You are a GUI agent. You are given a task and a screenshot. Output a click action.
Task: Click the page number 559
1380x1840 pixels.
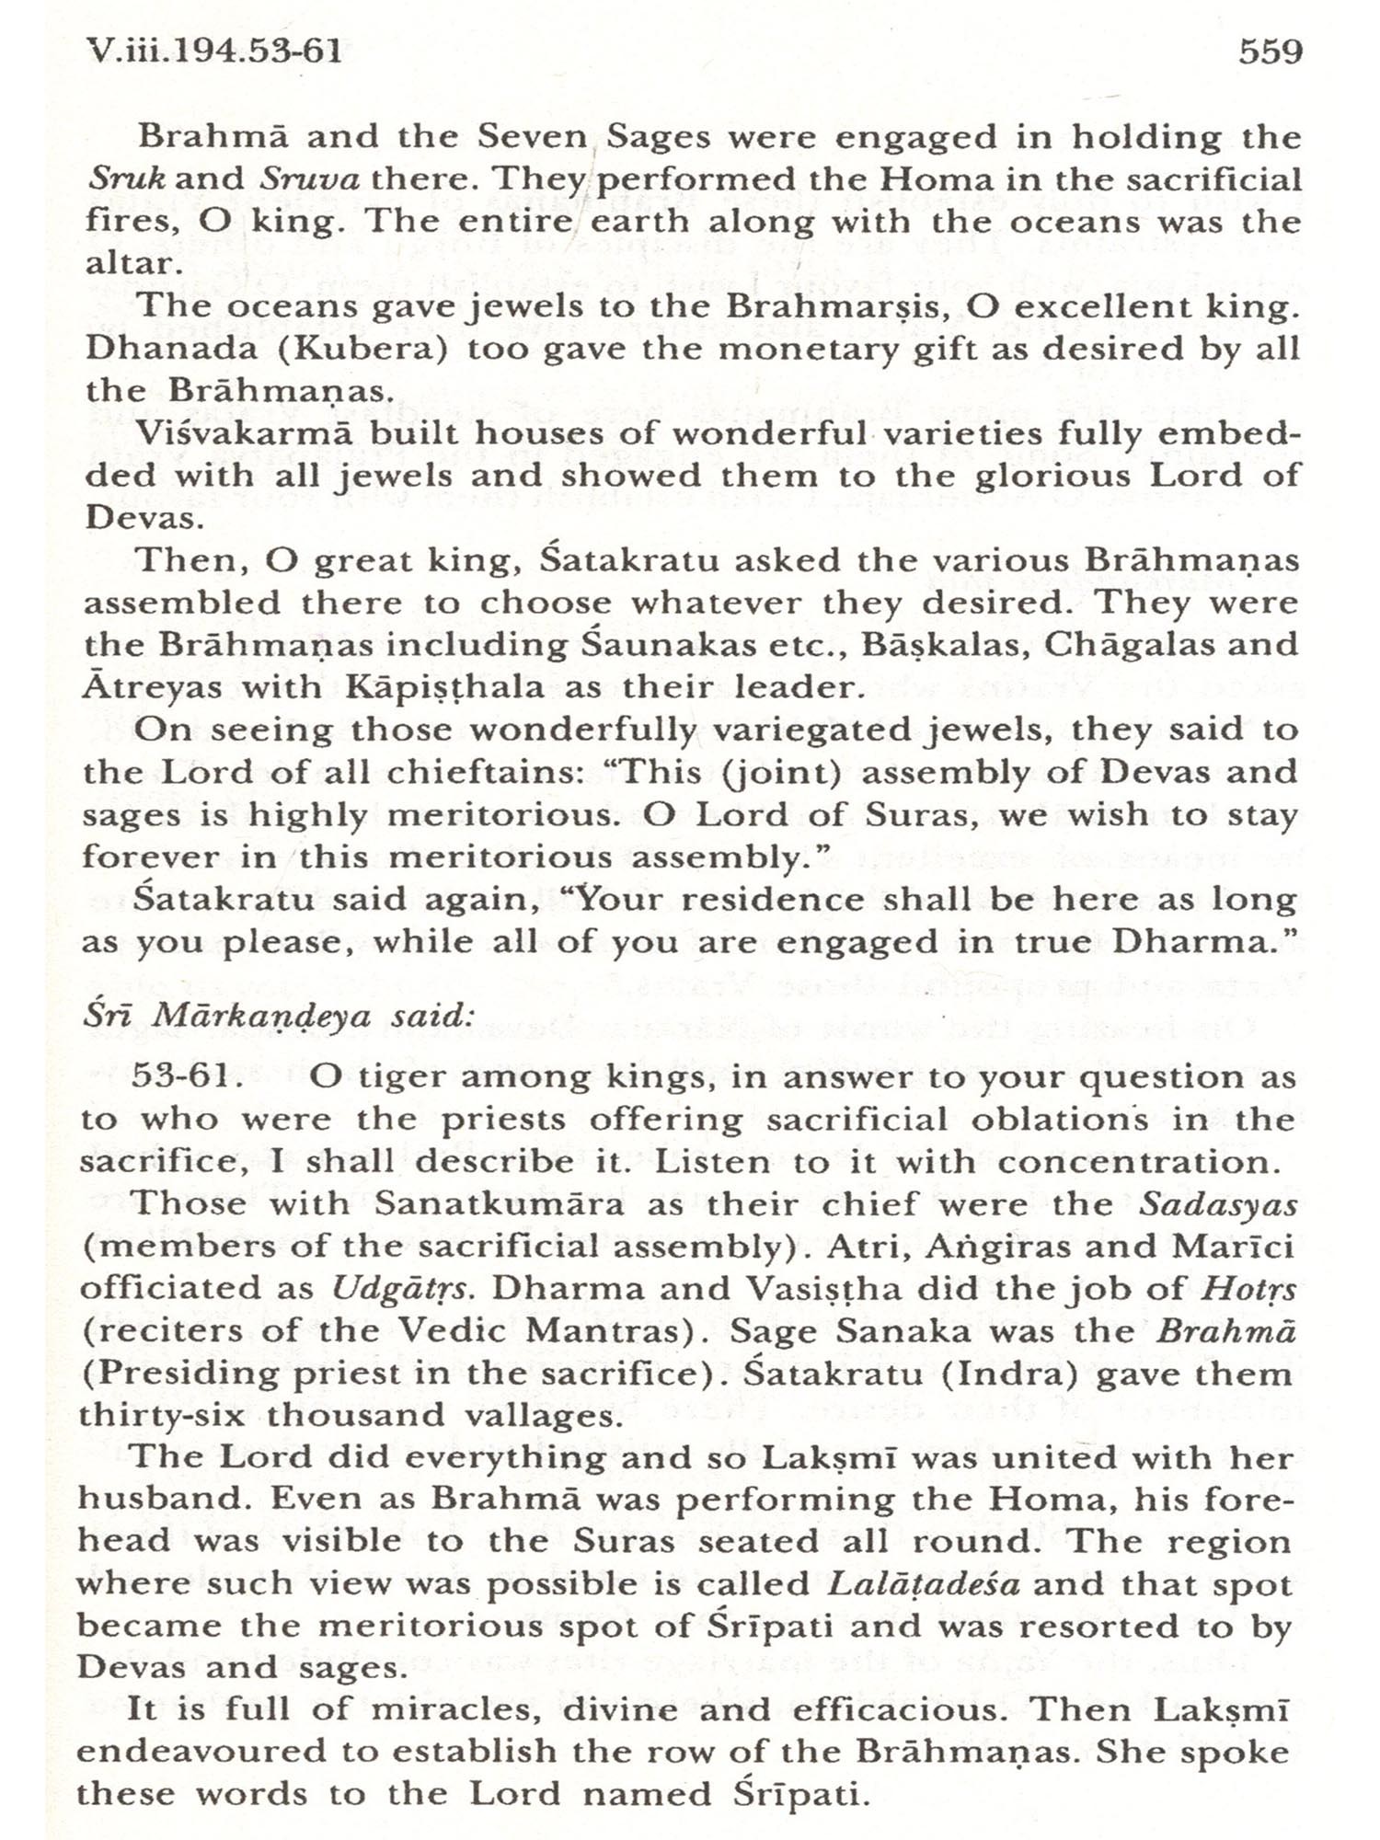[1271, 52]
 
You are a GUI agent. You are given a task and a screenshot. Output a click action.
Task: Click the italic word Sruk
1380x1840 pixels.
[126, 178]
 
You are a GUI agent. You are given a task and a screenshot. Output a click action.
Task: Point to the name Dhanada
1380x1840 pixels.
[147, 350]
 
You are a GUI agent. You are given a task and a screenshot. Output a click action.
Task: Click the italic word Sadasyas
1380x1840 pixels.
[1218, 1204]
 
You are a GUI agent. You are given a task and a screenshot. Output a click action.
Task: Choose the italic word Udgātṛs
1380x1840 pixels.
[403, 1289]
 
